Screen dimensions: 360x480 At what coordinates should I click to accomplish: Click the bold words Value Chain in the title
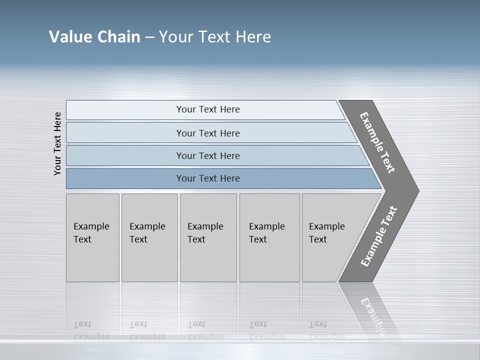[x=94, y=36]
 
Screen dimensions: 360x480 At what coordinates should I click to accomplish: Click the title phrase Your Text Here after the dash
[x=215, y=36]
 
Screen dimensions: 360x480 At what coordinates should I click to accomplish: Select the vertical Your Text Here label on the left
[x=57, y=144]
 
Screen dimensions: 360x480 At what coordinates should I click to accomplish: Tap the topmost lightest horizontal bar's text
[x=208, y=109]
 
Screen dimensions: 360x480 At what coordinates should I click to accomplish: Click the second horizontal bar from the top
[x=208, y=133]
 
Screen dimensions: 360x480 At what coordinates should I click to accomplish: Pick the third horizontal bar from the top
[x=208, y=155]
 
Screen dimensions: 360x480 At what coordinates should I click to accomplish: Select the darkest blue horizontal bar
[x=208, y=178]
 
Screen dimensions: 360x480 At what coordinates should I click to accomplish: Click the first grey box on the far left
[x=92, y=237]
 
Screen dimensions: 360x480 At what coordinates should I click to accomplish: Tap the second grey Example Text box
[x=149, y=237]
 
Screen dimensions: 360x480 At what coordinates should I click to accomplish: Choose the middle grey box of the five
[x=208, y=237]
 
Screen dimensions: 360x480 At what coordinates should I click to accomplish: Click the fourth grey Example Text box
[x=269, y=237]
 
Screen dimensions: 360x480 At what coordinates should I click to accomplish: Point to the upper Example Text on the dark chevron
[x=378, y=142]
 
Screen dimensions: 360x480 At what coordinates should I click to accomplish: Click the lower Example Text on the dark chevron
[x=379, y=236]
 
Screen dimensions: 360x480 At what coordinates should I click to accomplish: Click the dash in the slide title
[x=149, y=37]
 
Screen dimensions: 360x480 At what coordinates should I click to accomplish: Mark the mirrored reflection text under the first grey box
[x=91, y=330]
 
